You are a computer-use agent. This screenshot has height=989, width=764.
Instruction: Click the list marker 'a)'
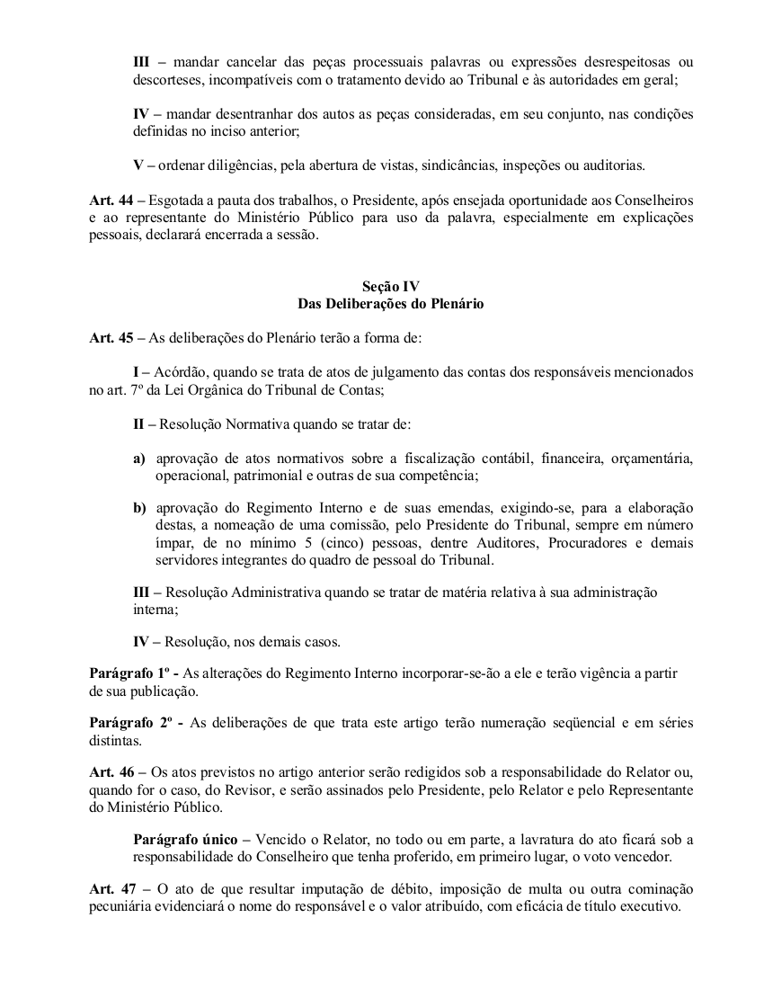pyautogui.click(x=139, y=458)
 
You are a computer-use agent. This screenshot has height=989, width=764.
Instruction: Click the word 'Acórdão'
pyautogui.click(x=180, y=371)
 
